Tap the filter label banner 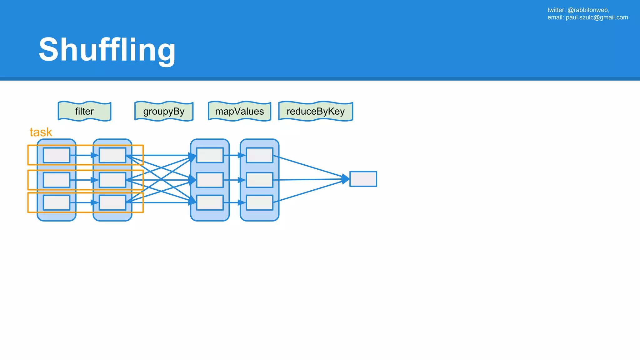84,111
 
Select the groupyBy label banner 164,111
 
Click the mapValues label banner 239,111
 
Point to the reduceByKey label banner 316,111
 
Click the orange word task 41,132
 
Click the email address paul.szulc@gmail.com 597,17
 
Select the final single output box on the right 363,179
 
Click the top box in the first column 57,155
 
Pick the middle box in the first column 57,180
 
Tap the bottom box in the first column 57,202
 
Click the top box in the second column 112,155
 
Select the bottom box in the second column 112,202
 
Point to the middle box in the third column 210,180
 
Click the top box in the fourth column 259,155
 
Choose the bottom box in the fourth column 259,202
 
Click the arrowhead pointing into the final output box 345,179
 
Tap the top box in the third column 210,155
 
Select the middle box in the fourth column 259,180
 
